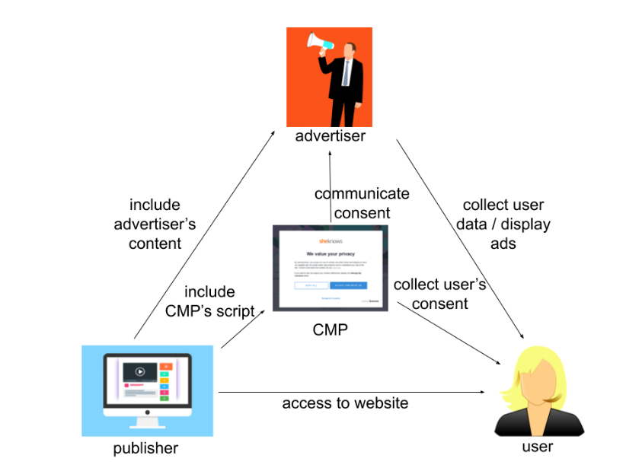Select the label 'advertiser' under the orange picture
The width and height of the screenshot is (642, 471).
(331, 136)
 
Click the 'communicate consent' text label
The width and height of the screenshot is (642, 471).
(362, 203)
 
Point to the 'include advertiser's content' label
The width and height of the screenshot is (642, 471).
(155, 224)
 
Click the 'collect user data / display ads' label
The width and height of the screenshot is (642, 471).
(503, 224)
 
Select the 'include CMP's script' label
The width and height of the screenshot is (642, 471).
(209, 301)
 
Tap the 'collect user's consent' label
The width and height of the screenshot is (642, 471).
(439, 294)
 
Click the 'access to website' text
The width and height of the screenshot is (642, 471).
(345, 403)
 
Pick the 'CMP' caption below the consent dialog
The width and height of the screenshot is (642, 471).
(331, 330)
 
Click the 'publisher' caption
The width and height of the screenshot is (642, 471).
(145, 448)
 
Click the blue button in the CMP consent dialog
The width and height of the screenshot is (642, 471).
(349, 285)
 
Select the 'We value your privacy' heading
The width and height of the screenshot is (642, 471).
(331, 253)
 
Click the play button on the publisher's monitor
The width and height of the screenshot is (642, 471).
(140, 372)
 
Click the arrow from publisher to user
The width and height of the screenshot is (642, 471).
(350, 392)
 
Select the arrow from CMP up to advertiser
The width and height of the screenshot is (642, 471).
(331, 183)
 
